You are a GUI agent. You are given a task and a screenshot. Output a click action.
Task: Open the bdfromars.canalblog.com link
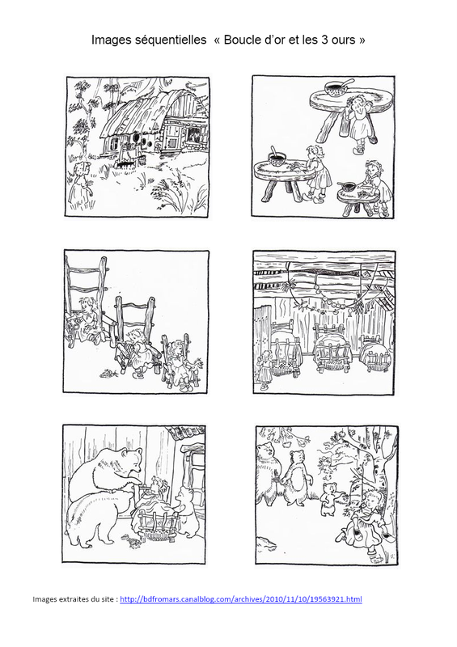tap(241, 599)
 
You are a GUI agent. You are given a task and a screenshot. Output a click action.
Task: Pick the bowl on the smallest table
tap(349, 187)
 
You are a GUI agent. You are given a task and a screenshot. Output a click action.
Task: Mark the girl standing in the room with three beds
tap(264, 369)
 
